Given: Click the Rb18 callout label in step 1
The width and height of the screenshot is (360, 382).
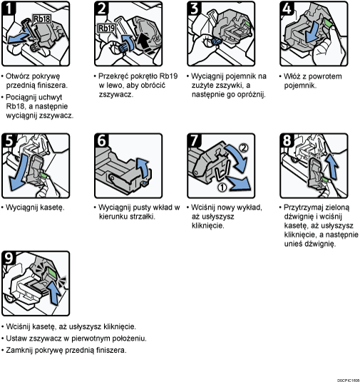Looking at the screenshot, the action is [x=41, y=19].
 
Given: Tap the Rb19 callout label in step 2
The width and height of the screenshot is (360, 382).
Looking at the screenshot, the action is [x=106, y=29].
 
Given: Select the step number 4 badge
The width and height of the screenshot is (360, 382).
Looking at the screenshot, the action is [x=287, y=9].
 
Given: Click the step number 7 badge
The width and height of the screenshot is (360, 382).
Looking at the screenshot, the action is [x=195, y=140].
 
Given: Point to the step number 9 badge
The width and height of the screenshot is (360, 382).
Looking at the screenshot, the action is [x=9, y=258].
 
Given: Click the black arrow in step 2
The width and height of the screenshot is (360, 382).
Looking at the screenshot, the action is [x=144, y=43].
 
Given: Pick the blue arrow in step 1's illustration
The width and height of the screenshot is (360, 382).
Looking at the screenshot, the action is [x=19, y=38].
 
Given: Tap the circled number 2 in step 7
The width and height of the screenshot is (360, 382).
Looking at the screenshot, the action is [x=243, y=148].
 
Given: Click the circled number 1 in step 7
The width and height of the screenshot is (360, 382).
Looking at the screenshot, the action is [x=222, y=187].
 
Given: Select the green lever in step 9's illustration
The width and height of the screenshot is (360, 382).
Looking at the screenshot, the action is [x=51, y=272].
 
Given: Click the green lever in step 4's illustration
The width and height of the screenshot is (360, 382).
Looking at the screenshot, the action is [x=328, y=23].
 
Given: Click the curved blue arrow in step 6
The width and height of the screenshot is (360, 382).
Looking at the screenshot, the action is [x=143, y=167].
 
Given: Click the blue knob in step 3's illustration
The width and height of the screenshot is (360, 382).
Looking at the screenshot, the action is [x=216, y=41].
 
